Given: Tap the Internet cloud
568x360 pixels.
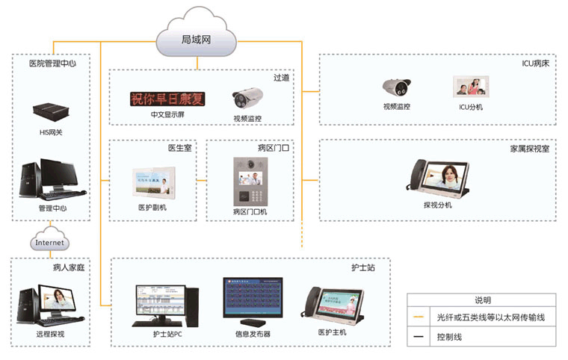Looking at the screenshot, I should click(x=50, y=243).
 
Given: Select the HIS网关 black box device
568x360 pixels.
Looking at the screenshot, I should click(x=51, y=112).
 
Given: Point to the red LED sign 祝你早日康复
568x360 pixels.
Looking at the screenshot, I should click(x=168, y=99).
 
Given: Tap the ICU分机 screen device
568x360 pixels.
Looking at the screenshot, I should click(x=471, y=87).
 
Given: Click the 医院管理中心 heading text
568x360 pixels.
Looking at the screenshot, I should click(x=52, y=63).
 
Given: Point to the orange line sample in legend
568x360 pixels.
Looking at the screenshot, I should click(x=420, y=318).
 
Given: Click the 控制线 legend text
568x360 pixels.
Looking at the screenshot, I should click(x=451, y=337).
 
